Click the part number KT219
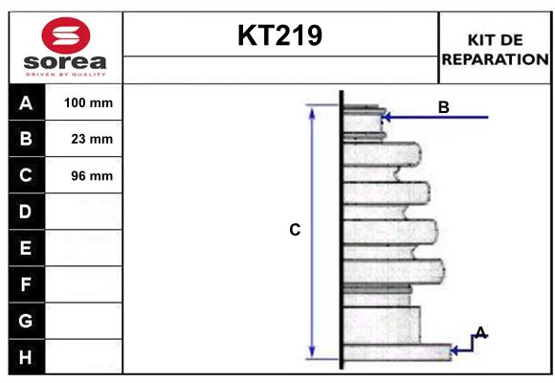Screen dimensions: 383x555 pos(279,35)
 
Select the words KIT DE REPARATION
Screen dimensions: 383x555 pos(495,49)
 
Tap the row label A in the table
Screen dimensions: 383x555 pos(26,102)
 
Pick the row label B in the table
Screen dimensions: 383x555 pos(26,139)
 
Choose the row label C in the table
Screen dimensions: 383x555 pos(26,175)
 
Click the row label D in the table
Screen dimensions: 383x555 pos(26,212)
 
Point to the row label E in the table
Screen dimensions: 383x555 pos(26,248)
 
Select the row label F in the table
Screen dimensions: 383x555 pos(26,284)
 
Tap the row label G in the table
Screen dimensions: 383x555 pos(26,321)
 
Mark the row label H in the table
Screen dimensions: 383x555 pos(26,357)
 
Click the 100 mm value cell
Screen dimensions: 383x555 pos(87,102)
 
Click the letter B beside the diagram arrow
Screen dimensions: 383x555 pos(443,107)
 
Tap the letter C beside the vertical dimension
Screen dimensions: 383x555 pos(295,230)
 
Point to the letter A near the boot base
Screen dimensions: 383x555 pos(480,332)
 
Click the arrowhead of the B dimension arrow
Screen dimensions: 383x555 pos(387,118)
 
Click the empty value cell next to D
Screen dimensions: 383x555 pos(87,212)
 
